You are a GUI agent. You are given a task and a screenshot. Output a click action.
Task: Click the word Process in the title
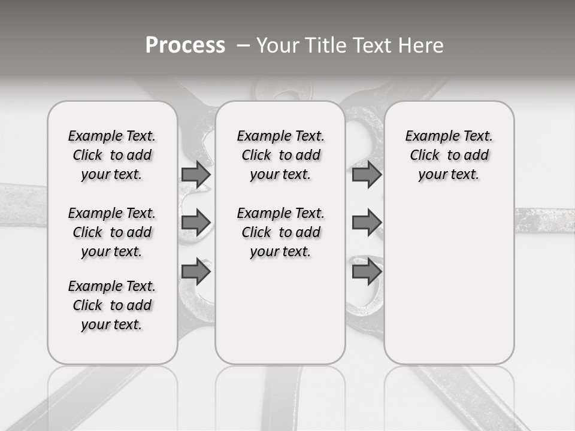[185, 45]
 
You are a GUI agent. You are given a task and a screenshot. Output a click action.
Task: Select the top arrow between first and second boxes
[196, 174]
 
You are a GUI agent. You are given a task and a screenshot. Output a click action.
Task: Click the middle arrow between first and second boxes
[196, 223]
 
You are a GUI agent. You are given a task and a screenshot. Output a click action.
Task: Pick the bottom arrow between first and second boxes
[196, 271]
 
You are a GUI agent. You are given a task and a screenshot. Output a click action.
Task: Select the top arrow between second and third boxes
[367, 174]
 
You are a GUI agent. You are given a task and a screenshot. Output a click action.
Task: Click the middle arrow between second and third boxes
[367, 223]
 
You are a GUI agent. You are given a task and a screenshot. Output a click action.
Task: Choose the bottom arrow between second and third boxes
[367, 271]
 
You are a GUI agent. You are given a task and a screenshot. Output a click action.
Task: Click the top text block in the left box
[112, 155]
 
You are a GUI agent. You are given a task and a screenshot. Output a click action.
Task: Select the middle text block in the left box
[112, 232]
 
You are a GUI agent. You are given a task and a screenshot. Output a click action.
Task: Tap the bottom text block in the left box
[112, 305]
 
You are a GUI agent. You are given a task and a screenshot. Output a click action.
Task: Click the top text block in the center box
[280, 155]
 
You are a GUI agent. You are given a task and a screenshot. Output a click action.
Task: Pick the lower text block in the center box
[280, 232]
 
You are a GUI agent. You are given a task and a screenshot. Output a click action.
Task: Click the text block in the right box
[449, 155]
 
